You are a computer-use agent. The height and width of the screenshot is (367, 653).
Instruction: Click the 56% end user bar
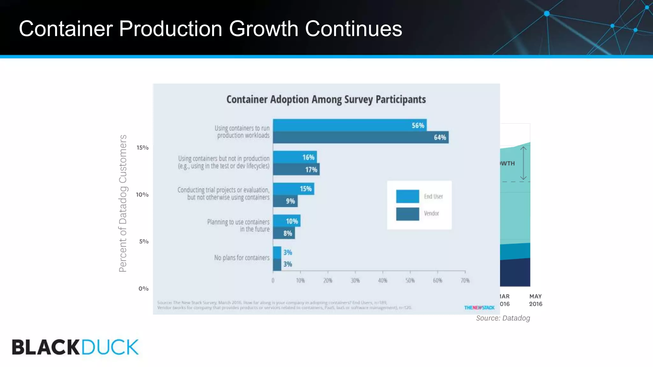tap(350, 125)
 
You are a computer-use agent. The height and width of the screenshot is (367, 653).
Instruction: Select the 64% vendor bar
tap(361, 137)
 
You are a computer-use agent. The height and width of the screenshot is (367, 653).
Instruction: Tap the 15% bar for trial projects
tap(293, 189)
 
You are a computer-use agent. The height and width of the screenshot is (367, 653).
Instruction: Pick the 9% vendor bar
tap(285, 201)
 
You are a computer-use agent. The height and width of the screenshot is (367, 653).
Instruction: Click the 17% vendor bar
tap(296, 169)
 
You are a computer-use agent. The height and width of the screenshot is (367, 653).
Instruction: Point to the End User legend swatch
tap(407, 196)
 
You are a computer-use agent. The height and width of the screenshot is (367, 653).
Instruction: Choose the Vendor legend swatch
tap(407, 214)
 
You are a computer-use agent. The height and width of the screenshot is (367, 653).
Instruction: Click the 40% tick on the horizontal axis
tap(383, 280)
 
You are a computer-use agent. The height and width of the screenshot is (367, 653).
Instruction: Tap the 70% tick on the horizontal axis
tap(465, 280)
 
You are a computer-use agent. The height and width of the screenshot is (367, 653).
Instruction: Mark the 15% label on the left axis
tap(143, 148)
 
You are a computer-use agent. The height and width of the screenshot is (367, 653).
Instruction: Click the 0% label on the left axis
tap(143, 289)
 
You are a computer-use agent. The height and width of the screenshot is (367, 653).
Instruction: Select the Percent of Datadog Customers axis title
tap(123, 203)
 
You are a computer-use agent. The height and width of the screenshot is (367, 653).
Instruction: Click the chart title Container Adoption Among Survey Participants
tap(326, 99)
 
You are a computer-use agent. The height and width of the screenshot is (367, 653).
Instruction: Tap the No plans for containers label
tap(242, 258)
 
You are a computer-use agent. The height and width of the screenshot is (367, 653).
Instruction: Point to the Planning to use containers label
tap(238, 225)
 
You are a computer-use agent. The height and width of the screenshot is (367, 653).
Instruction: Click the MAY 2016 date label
tap(536, 300)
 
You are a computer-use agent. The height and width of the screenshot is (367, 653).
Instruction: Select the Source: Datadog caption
tap(503, 318)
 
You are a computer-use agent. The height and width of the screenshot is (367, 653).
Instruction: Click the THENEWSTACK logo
tap(479, 308)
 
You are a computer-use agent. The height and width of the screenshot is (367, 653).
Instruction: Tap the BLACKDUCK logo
tap(75, 347)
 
